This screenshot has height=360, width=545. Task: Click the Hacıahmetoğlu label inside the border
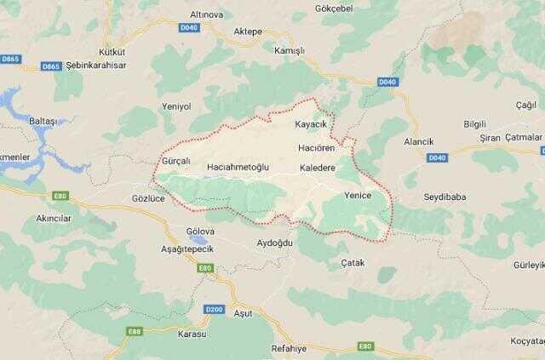tap(238, 168)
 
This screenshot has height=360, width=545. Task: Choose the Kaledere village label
tap(318, 168)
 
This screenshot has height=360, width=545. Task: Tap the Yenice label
tap(358, 195)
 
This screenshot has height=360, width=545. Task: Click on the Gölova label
tap(202, 231)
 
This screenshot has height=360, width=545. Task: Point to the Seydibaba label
tap(445, 197)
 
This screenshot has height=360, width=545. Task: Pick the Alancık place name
tap(419, 141)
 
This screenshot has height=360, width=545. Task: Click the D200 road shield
tap(213, 309)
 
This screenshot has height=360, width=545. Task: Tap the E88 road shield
tap(135, 331)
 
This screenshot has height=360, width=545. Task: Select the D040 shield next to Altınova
tap(189, 27)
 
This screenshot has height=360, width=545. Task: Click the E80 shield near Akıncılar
tap(60, 196)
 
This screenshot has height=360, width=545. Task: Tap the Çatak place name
tap(352, 263)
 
